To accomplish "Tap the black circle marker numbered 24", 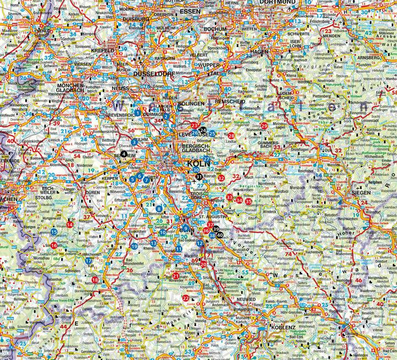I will pyautogui.click(x=202, y=130).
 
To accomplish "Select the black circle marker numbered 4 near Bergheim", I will pyautogui.click(x=124, y=153).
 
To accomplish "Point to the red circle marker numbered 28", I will pyautogui.click(x=231, y=136).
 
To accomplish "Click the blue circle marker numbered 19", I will pyautogui.click(x=135, y=246).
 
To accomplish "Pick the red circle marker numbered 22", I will pyautogui.click(x=185, y=298).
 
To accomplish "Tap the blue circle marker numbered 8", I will pyautogui.click(x=159, y=208).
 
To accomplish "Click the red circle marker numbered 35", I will pyautogui.click(x=249, y=202).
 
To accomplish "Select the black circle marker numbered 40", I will pyautogui.click(x=221, y=235).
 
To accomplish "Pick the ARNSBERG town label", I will pyautogui.click(x=367, y=56).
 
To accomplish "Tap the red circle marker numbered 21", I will pyautogui.click(x=175, y=275).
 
